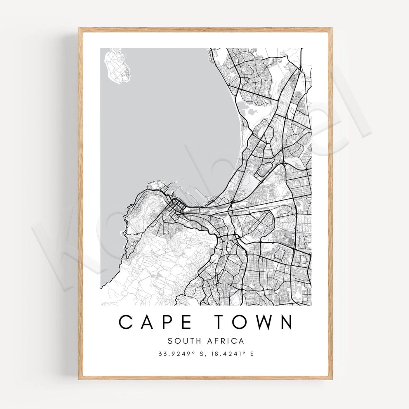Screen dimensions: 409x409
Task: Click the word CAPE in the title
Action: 155,322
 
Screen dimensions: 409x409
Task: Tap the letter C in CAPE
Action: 125,322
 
